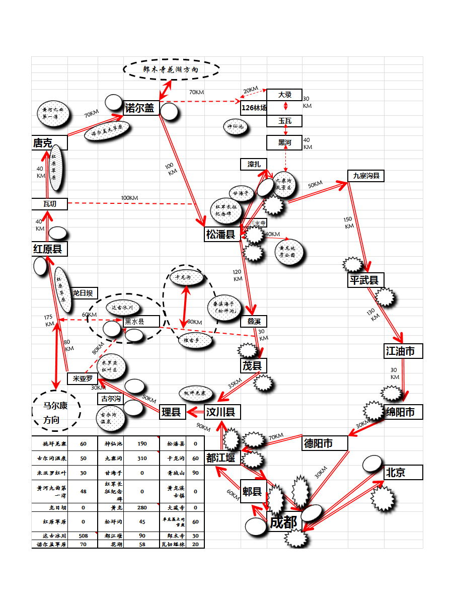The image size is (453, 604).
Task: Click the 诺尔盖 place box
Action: [x=141, y=107]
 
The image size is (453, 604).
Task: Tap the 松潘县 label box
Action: [x=222, y=234]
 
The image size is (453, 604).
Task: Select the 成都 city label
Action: [x=284, y=522]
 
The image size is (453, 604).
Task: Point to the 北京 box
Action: [x=403, y=473]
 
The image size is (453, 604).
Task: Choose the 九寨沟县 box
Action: [x=366, y=176]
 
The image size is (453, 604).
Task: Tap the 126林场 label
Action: [x=254, y=107]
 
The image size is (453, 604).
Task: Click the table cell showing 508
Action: [x=83, y=535]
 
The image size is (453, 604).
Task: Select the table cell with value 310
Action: [x=142, y=459]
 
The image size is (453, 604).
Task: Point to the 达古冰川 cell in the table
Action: [x=49, y=535]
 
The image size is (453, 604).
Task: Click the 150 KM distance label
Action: [x=348, y=222]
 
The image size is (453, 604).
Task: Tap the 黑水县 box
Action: [x=141, y=321]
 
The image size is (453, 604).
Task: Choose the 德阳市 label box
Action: [x=325, y=443]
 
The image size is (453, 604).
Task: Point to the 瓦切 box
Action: [x=49, y=204]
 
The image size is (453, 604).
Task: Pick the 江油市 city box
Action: [x=403, y=351]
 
